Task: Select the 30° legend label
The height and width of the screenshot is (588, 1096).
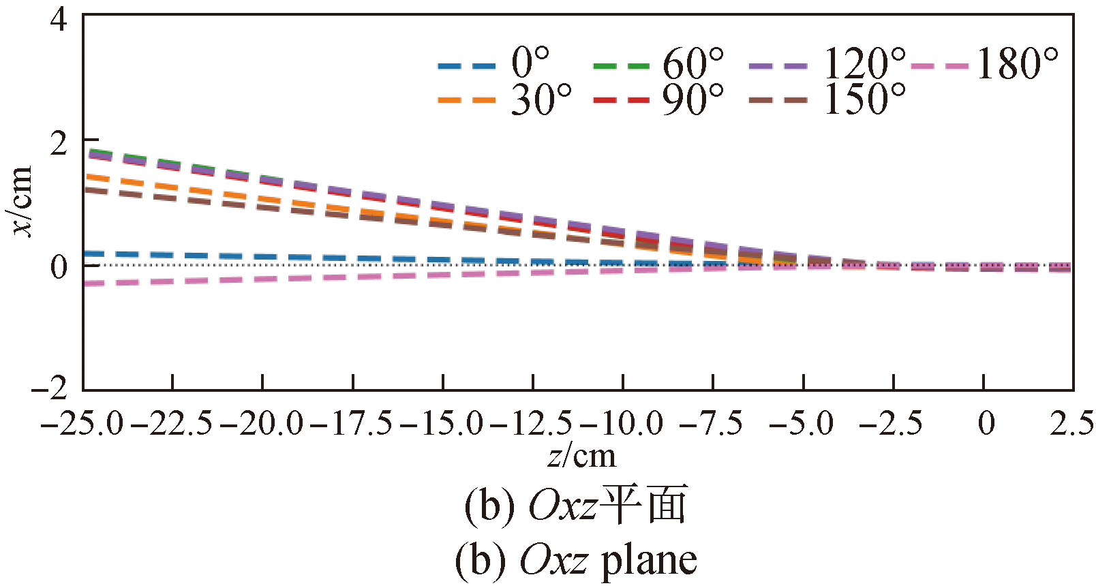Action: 541,99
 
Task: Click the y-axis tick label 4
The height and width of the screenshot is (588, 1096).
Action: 60,18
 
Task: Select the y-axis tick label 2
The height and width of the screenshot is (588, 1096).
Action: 60,142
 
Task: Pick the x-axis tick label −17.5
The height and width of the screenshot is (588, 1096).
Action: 352,424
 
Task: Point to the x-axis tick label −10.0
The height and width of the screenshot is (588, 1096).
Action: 622,424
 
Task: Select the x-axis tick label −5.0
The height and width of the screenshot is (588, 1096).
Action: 802,424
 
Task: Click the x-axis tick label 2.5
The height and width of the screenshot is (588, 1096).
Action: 1071,424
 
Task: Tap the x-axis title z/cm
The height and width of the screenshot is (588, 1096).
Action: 581,456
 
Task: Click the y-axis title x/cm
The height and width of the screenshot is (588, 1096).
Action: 22,200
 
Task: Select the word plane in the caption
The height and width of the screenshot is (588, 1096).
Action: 648,561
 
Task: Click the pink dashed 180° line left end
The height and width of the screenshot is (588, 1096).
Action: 92,283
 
